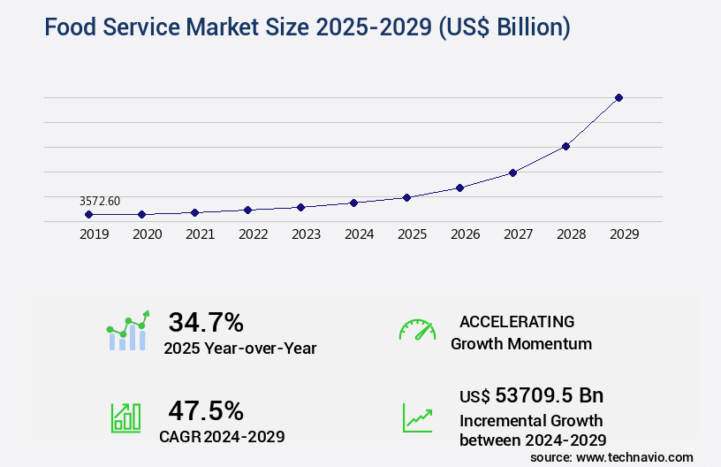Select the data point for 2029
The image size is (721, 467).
coord(619,97)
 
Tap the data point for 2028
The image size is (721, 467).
coord(565,146)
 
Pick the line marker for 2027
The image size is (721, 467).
coord(512,172)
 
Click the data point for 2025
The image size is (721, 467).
coord(406,197)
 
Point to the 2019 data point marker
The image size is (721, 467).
coord(88,214)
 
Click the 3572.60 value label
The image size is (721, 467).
coord(99,202)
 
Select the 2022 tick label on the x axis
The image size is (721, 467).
coord(253,234)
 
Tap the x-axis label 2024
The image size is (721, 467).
coord(359,234)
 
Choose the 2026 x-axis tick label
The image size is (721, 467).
coord(465,234)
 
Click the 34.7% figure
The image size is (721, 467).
coord(206,322)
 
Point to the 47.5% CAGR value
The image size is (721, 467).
coord(206,410)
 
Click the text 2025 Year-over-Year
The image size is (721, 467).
coord(239,348)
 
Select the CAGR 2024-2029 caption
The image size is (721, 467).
coord(222,436)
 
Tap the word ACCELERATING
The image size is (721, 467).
coord(517,321)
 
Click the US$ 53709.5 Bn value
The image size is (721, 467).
coord(532,395)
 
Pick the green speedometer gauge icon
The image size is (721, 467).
coord(417,330)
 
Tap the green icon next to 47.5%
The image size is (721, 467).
coord(125,417)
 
